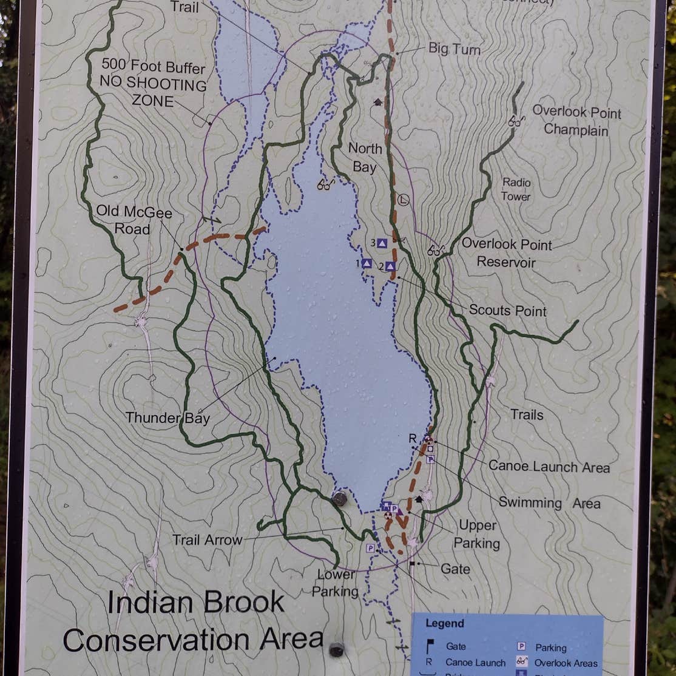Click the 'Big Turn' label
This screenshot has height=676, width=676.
[x=454, y=49]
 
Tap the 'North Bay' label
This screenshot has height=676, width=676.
[x=365, y=158]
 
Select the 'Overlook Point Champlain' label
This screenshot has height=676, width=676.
[x=576, y=120]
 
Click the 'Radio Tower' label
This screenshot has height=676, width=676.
[x=516, y=189]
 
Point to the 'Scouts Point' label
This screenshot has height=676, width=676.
[x=507, y=311]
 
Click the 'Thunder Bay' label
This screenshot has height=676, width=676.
[x=167, y=417]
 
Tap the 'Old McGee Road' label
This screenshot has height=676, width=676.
[x=134, y=221]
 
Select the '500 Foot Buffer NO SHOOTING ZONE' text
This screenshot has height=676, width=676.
[x=154, y=83]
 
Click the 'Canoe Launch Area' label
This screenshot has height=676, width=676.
[x=549, y=467]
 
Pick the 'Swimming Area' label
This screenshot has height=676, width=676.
[x=549, y=503]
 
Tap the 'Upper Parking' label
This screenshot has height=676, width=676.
[x=477, y=534]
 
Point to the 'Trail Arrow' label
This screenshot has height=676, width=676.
[x=207, y=539]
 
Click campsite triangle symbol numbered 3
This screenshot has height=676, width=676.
[x=382, y=243]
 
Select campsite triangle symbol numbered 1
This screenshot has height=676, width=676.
[x=367, y=263]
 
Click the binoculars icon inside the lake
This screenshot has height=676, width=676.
[x=326, y=184]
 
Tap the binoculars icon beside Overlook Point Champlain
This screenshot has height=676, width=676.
[x=516, y=121]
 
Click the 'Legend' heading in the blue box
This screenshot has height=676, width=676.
[x=444, y=623]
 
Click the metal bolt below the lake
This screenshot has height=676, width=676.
[x=340, y=499]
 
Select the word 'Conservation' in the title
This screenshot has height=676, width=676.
[x=192, y=640]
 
